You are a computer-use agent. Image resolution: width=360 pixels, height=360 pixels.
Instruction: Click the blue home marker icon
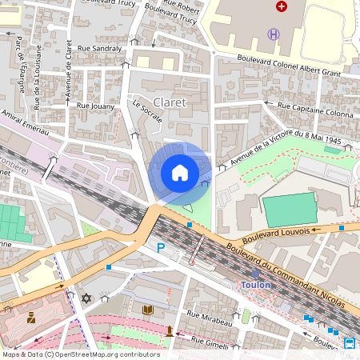180,172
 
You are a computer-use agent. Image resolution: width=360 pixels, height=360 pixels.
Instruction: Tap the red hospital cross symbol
281,6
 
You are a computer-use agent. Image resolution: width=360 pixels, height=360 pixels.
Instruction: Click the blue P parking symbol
161,250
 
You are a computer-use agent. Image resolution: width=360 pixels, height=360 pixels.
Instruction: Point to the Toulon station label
256,285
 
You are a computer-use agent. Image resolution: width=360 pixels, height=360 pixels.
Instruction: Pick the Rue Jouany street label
94,105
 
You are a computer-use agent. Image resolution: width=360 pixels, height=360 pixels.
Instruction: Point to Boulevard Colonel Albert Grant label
290,65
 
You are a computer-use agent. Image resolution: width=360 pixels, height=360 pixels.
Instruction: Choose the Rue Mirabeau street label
209,315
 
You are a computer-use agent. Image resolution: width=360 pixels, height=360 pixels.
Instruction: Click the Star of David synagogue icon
87,298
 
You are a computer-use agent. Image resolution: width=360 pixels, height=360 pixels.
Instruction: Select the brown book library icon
147,310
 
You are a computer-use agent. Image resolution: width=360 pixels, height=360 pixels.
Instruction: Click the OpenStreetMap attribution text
81,354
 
